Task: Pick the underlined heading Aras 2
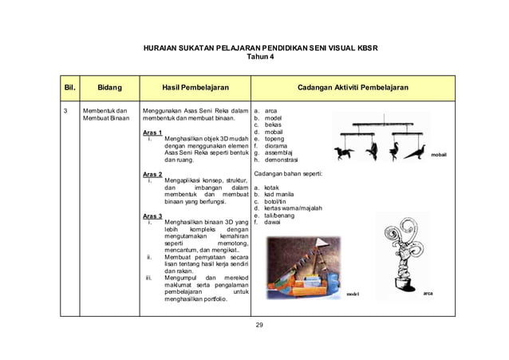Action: pos(152,173)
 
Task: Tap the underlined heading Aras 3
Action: pos(152,216)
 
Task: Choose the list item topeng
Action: pos(275,139)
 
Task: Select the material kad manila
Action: pos(281,194)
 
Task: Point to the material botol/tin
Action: pos(278,201)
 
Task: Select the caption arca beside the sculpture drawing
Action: pos(429,292)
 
